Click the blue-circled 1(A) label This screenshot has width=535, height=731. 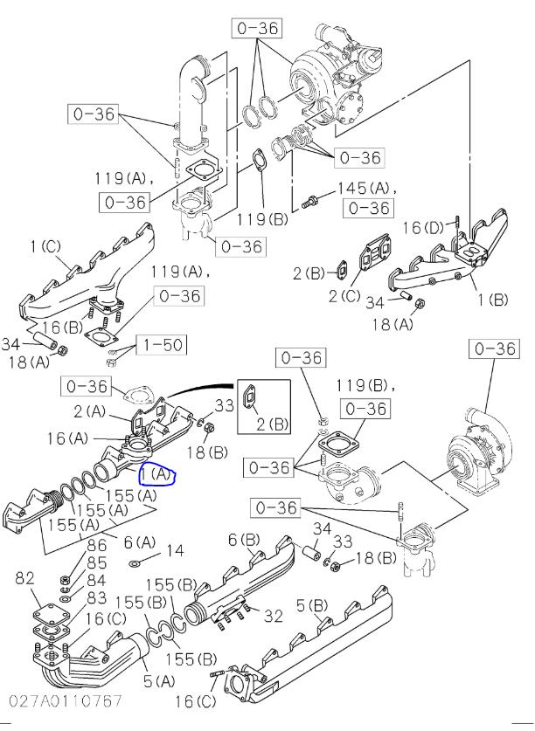[156, 475]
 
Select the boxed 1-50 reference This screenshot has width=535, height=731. [162, 346]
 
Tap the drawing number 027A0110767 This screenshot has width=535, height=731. [66, 700]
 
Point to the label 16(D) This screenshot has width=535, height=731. [423, 227]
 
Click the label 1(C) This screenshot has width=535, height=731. [45, 246]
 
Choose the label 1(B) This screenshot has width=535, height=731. [492, 300]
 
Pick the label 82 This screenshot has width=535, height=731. [25, 578]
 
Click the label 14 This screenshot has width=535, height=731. [175, 550]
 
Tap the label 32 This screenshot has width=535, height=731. [274, 616]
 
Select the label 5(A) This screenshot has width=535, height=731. [159, 681]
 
